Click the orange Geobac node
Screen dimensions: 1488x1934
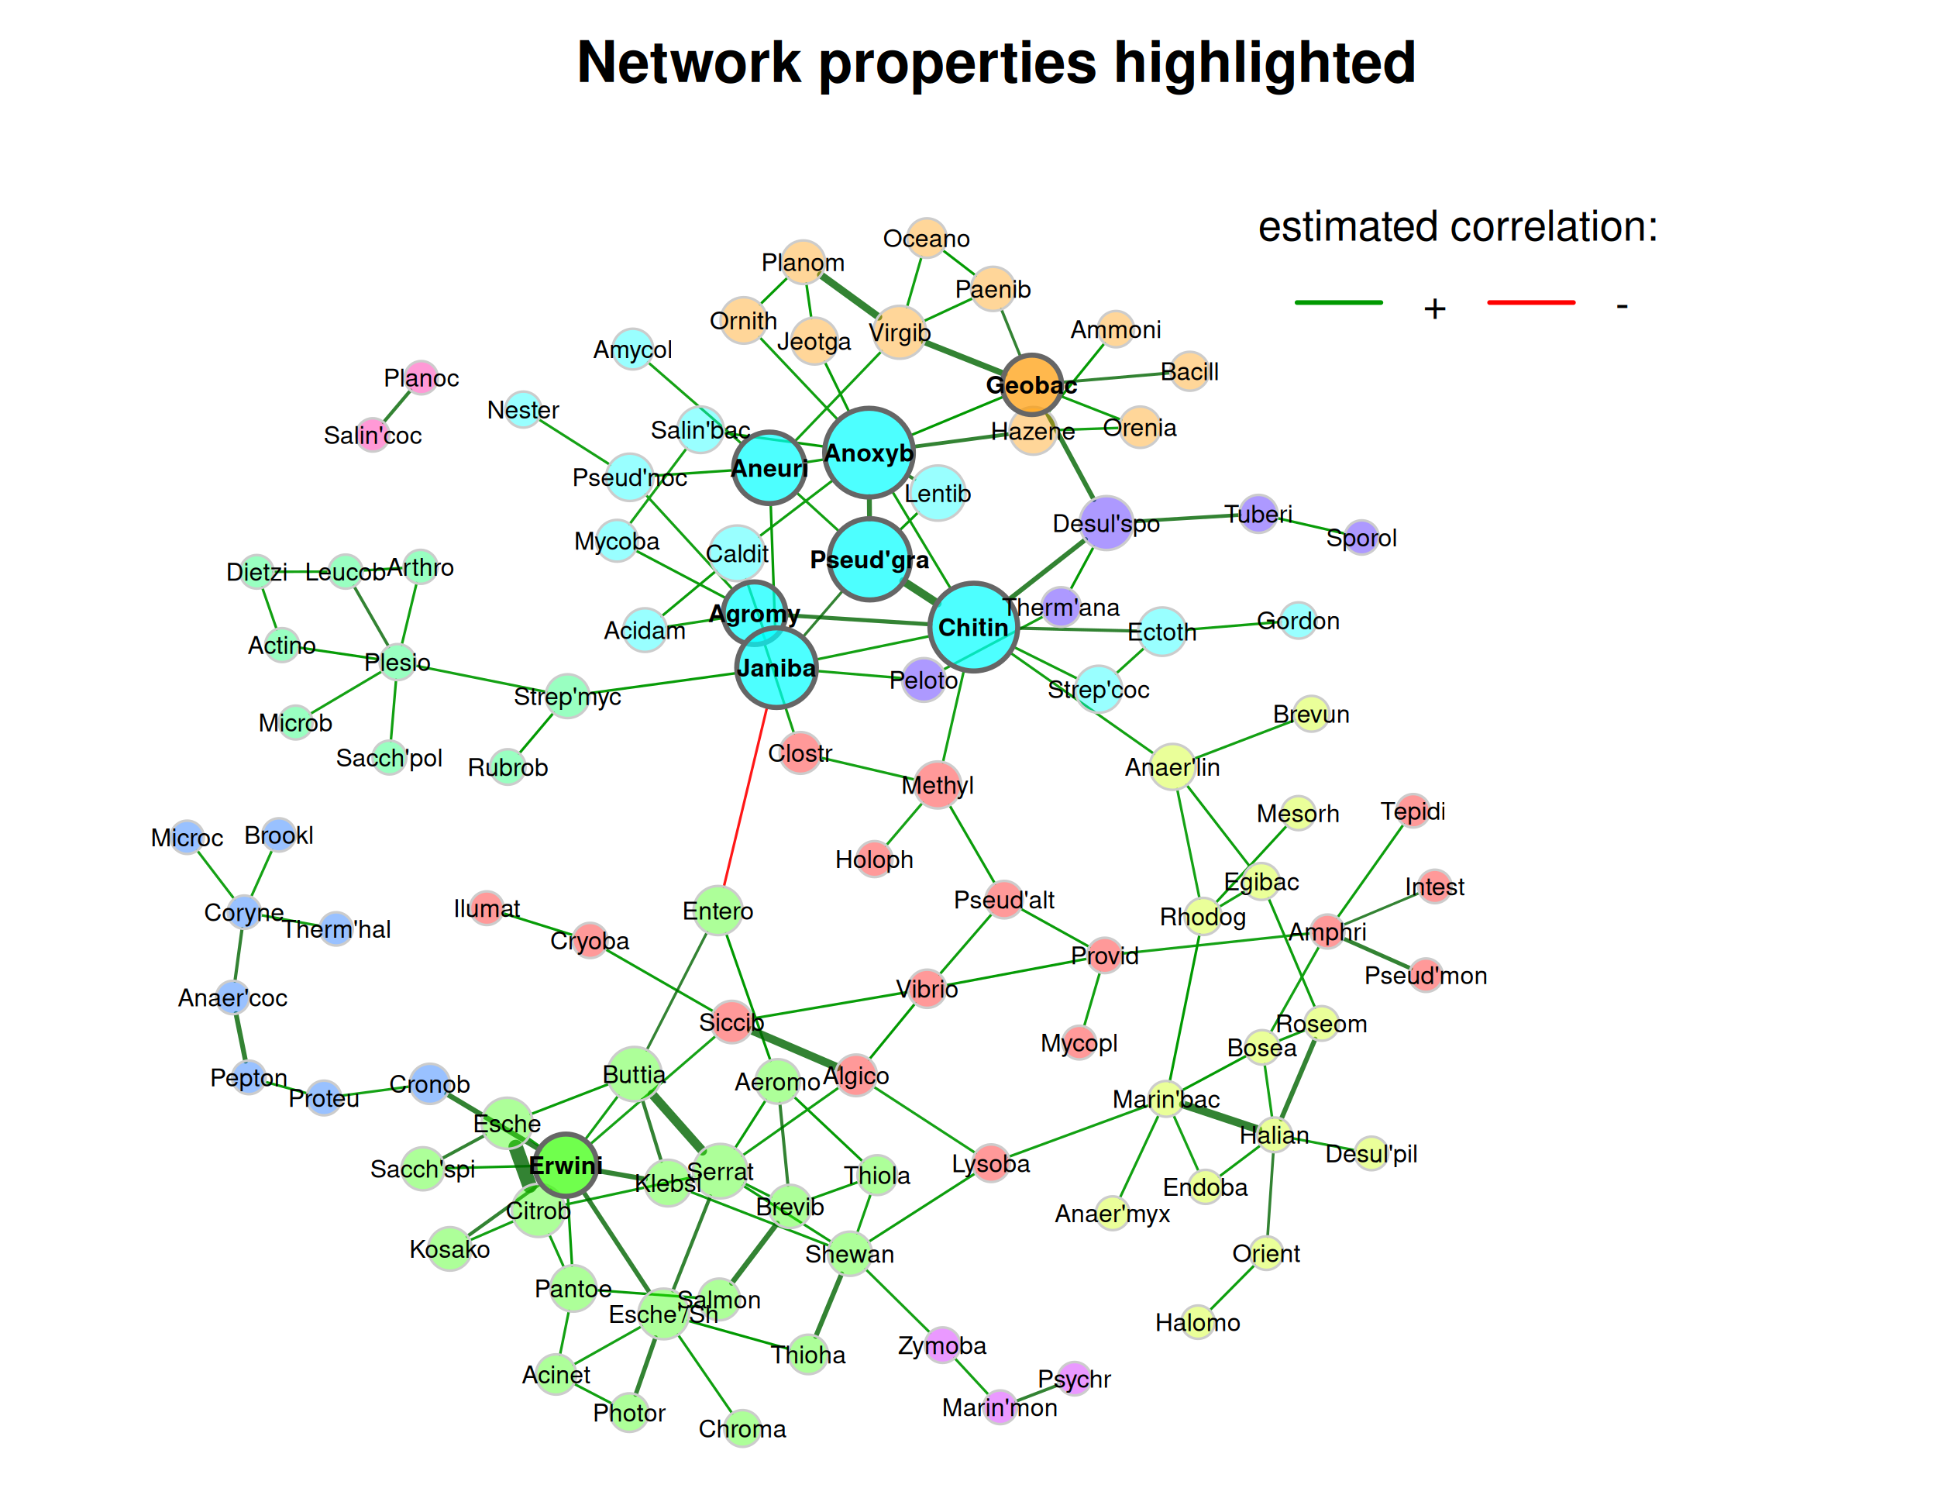coord(1031,384)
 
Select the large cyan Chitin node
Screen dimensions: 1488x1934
coord(973,627)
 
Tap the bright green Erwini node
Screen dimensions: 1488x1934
coord(566,1165)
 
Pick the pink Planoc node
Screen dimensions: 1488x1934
coord(422,378)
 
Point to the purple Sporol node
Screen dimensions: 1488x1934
coord(1361,538)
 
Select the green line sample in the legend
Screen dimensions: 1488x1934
coord(1338,303)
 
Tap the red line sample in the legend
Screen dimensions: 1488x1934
coord(1530,303)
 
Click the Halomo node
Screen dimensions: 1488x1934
coord(1197,1321)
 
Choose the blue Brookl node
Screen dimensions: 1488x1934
coord(279,835)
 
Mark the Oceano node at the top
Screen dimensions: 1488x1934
coord(926,237)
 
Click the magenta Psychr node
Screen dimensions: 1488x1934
coord(1074,1378)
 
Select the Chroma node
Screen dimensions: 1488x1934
coord(742,1428)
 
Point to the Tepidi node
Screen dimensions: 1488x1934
coord(1413,811)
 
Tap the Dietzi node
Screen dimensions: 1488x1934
coord(256,571)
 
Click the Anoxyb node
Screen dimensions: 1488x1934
coord(869,453)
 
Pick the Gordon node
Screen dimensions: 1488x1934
coord(1297,620)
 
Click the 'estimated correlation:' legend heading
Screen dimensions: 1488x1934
coord(1457,227)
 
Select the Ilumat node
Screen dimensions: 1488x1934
coord(486,908)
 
